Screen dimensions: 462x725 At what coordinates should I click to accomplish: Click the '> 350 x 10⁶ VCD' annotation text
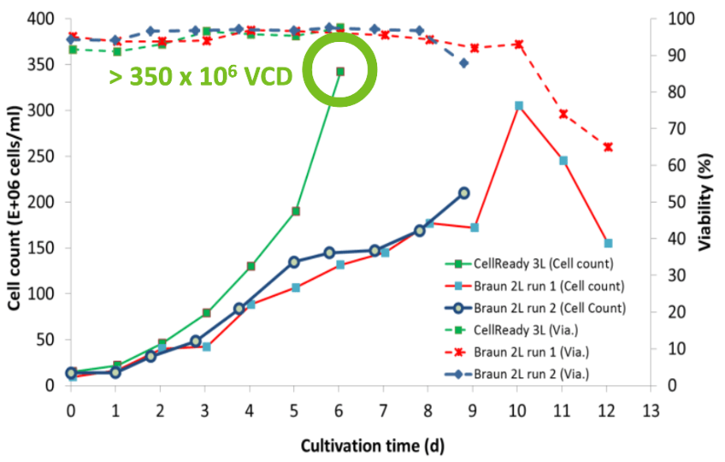coord(201,76)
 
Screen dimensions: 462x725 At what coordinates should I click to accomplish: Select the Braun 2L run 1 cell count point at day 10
coord(518,105)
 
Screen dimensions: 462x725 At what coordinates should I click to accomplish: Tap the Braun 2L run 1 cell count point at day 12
coord(607,243)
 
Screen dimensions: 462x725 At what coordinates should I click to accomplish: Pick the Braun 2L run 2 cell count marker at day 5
coord(294,262)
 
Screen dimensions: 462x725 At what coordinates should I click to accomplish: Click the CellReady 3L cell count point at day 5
coord(295,211)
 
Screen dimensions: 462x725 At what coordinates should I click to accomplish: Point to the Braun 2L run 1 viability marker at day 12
coord(607,147)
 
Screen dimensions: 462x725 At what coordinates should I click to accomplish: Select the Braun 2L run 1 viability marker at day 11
coord(563,114)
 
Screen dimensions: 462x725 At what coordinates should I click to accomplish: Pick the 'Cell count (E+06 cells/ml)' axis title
coord(14,203)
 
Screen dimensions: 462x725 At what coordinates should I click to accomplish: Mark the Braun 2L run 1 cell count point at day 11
coord(563,160)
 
